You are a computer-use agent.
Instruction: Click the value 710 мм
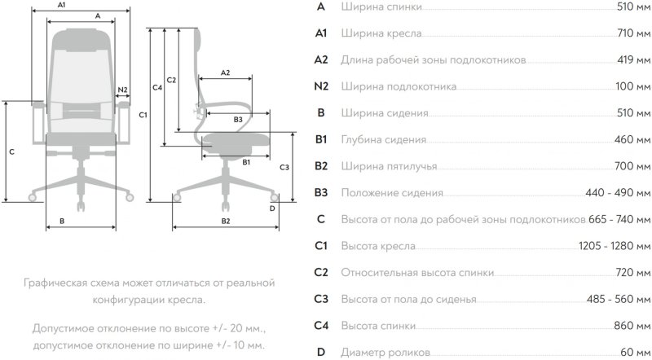pos(633,33)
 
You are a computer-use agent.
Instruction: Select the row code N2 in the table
pos(321,86)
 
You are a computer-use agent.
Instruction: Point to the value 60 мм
pos(636,352)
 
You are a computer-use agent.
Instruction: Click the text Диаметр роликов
pos(386,352)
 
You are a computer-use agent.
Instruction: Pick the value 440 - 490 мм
pos(618,193)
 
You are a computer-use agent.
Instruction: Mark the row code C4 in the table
pos(321,326)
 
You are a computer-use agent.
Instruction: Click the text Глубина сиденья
pos(387,139)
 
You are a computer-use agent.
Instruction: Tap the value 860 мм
pos(633,326)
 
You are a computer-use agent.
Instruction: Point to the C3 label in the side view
pos(284,167)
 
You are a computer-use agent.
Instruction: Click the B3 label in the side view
pos(237,120)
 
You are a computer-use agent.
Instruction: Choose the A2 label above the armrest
pos(225,73)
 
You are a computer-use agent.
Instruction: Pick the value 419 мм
pos(633,60)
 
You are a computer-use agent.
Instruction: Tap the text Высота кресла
pos(379,246)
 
